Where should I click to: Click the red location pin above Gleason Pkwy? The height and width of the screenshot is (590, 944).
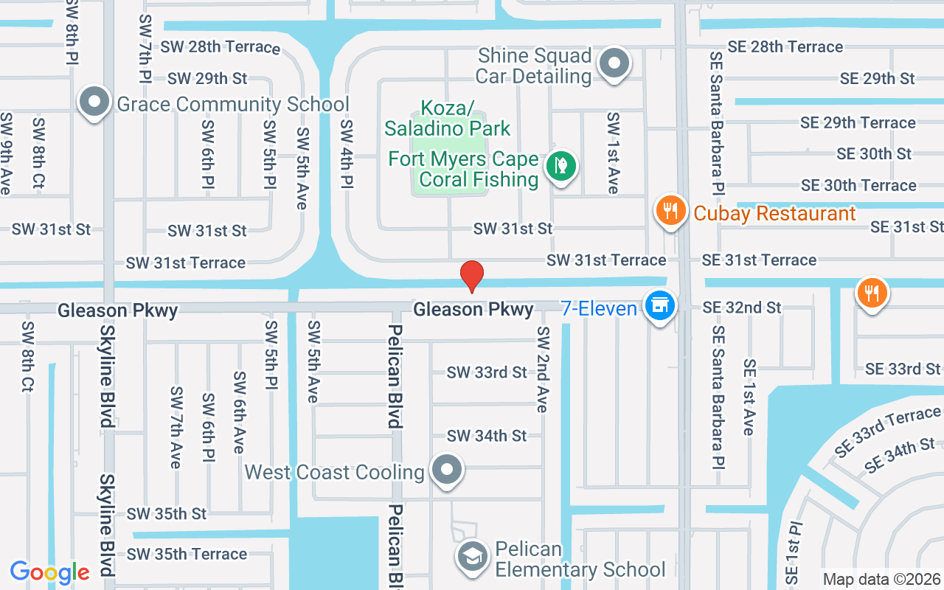click(472, 276)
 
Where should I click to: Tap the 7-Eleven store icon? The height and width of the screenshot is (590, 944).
click(659, 305)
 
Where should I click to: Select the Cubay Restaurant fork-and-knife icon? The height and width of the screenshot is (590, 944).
click(670, 211)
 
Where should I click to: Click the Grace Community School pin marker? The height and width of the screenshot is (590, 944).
click(94, 103)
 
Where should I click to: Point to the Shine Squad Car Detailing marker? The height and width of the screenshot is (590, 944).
click(614, 64)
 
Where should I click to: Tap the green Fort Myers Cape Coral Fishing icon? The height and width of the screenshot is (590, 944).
click(560, 166)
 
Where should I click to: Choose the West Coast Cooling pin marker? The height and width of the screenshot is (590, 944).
click(446, 470)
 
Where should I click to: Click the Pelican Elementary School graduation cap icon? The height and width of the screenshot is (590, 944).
click(472, 558)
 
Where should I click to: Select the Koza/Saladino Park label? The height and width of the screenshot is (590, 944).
click(447, 119)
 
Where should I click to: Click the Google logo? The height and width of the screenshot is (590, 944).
click(49, 572)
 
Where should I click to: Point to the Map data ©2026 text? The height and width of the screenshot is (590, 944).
click(881, 579)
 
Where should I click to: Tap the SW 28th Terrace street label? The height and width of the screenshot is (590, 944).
click(220, 47)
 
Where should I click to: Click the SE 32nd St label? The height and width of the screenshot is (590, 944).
click(741, 308)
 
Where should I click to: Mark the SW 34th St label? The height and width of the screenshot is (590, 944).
click(487, 436)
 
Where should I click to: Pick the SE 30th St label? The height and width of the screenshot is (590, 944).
click(874, 154)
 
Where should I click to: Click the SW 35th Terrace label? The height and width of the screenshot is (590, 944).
click(187, 554)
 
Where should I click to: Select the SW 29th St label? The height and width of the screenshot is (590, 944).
click(207, 78)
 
